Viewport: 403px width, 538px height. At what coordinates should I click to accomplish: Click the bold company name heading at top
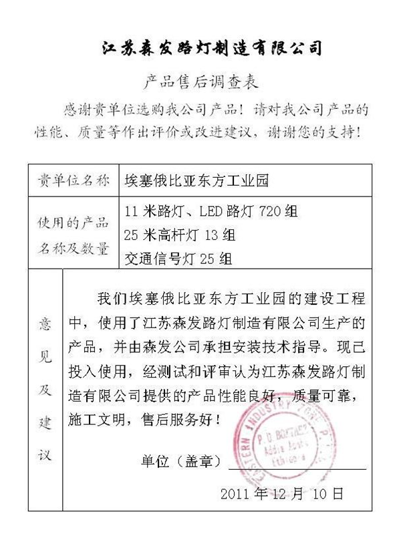(212, 47)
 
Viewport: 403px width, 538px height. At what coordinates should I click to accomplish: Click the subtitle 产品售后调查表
(200, 82)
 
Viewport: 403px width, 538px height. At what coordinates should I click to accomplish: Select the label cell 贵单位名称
(74, 180)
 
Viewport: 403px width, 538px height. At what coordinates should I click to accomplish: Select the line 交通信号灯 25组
(178, 258)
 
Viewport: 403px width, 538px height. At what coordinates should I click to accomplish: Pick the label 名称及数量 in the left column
(74, 248)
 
